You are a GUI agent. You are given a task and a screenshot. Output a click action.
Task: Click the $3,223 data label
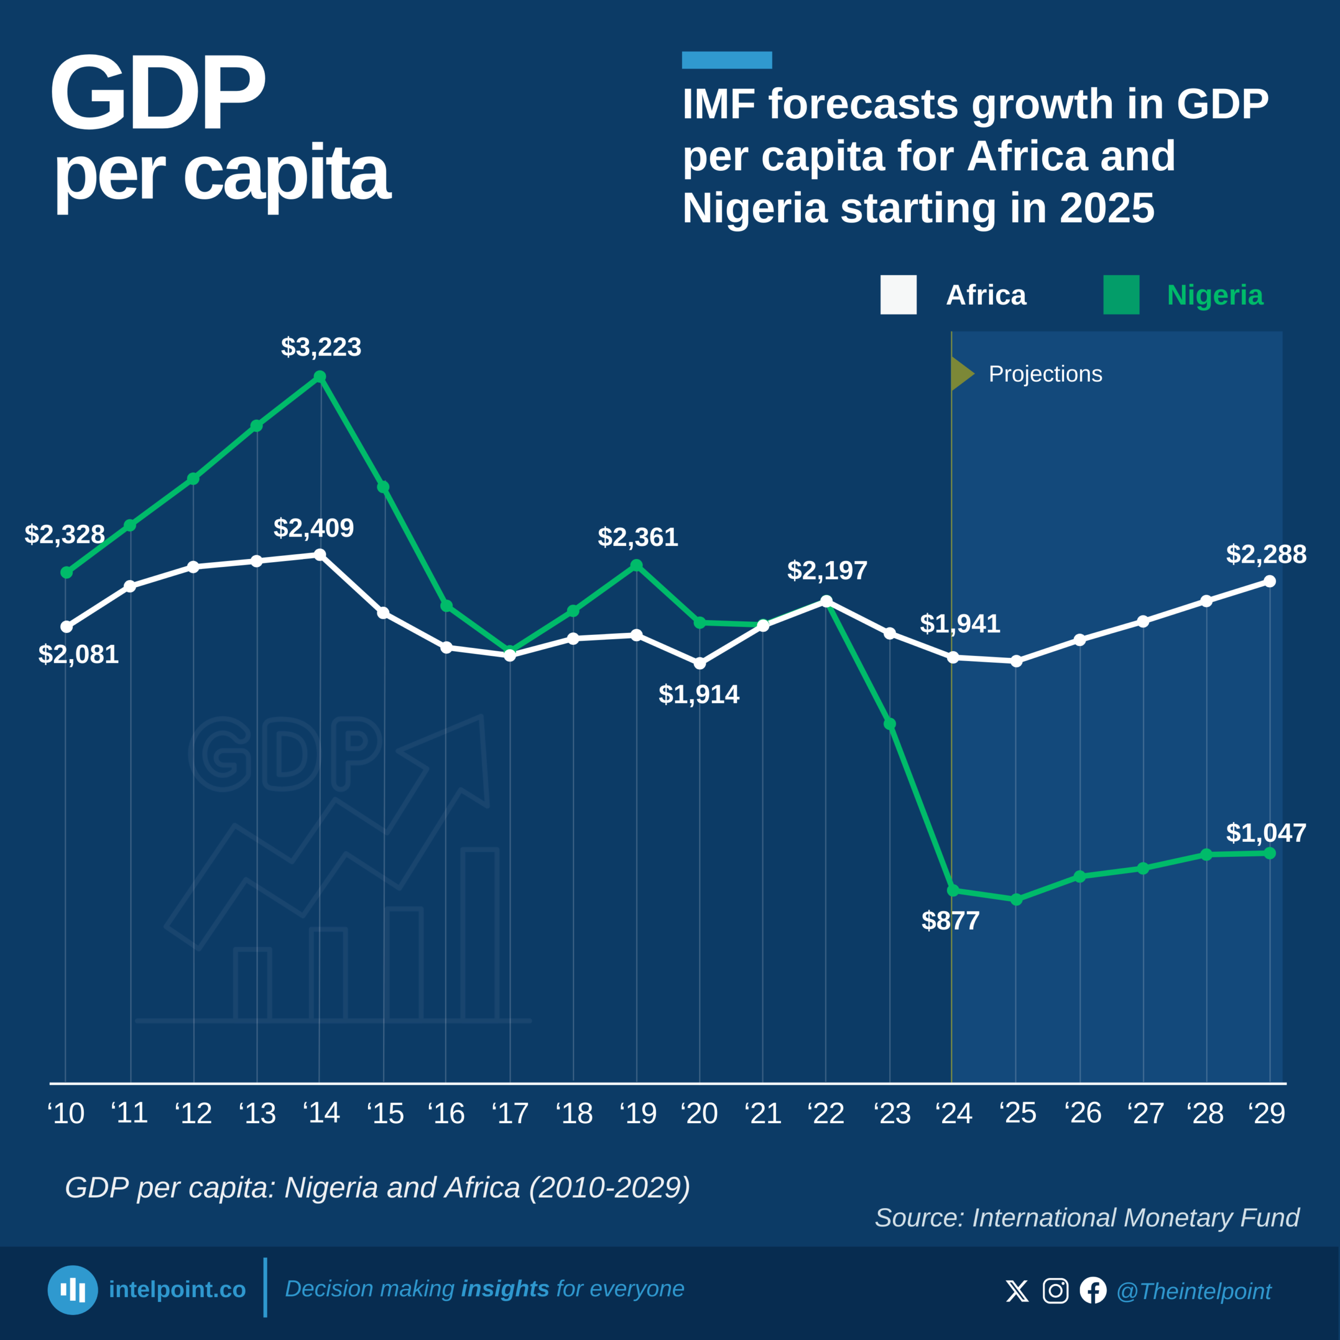pyautogui.click(x=321, y=347)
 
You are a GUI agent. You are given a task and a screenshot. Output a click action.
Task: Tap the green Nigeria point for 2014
pyautogui.click(x=320, y=377)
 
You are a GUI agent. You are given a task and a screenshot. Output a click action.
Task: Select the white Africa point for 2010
pyautogui.click(x=66, y=627)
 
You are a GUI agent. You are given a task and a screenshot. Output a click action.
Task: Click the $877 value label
pyautogui.click(x=950, y=920)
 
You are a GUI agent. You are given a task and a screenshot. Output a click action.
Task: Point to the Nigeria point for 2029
pyautogui.click(x=1270, y=853)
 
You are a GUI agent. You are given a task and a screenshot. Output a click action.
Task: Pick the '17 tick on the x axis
pyautogui.click(x=510, y=1113)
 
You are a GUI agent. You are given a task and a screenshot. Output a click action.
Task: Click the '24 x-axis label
pyautogui.click(x=954, y=1113)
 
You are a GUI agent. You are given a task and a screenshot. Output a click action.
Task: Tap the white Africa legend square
pyautogui.click(x=898, y=295)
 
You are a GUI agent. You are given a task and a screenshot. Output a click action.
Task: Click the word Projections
pyautogui.click(x=1045, y=374)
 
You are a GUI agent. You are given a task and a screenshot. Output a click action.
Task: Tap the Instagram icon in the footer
pyautogui.click(x=1056, y=1291)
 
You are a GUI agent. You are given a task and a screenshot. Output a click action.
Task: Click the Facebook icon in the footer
pyautogui.click(x=1093, y=1291)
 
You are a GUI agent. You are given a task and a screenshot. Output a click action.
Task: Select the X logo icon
pyautogui.click(x=1018, y=1291)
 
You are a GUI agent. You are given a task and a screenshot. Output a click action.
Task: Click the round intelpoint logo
pyautogui.click(x=73, y=1290)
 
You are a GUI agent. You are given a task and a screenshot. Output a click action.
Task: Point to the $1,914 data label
pyautogui.click(x=699, y=694)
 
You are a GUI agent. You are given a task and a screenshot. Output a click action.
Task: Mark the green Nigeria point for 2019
pyautogui.click(x=636, y=565)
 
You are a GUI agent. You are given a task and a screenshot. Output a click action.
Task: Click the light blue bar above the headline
pyautogui.click(x=727, y=60)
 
